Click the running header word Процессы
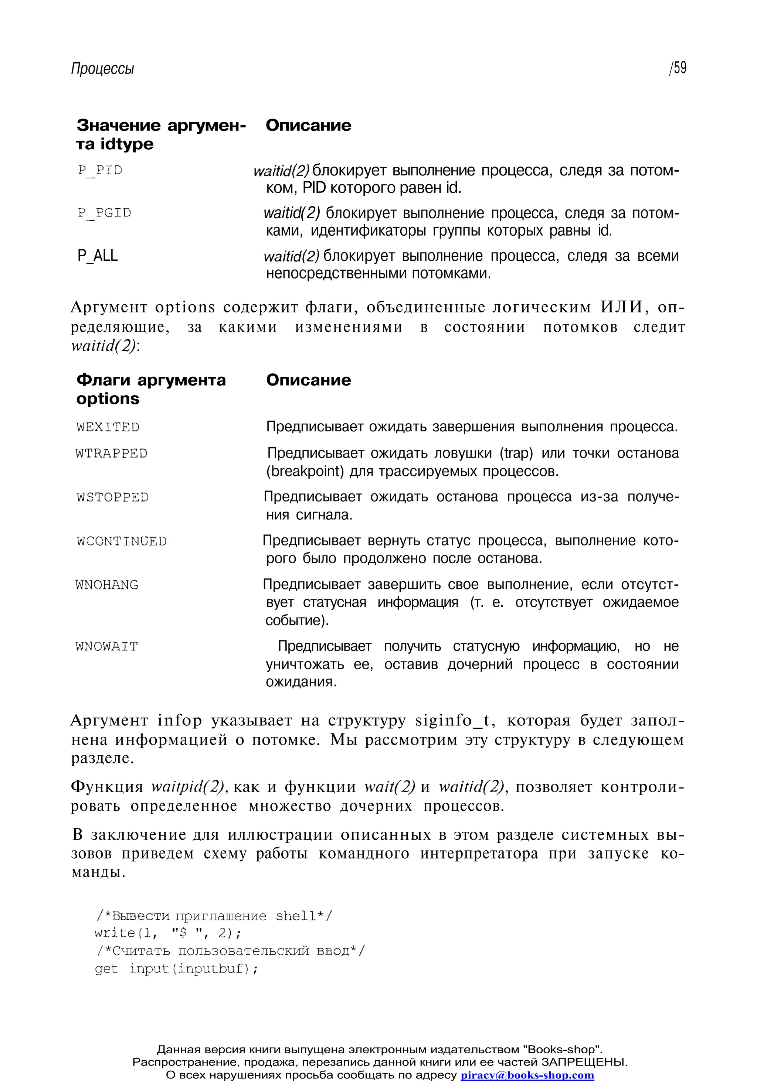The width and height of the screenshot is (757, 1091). (x=102, y=69)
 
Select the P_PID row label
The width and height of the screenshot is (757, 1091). (x=100, y=170)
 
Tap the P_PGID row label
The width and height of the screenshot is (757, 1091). (x=104, y=213)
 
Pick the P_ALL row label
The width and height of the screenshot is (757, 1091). (x=97, y=256)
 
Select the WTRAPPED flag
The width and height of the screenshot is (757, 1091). (x=112, y=454)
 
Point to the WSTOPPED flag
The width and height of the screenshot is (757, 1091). (x=112, y=497)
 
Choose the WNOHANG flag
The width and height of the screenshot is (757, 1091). (x=107, y=585)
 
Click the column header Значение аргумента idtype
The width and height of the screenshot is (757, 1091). (x=161, y=134)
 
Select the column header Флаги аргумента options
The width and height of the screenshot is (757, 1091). (x=151, y=389)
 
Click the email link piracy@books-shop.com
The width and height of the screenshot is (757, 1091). (x=527, y=1075)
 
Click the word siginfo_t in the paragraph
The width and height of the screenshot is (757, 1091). (x=454, y=721)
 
